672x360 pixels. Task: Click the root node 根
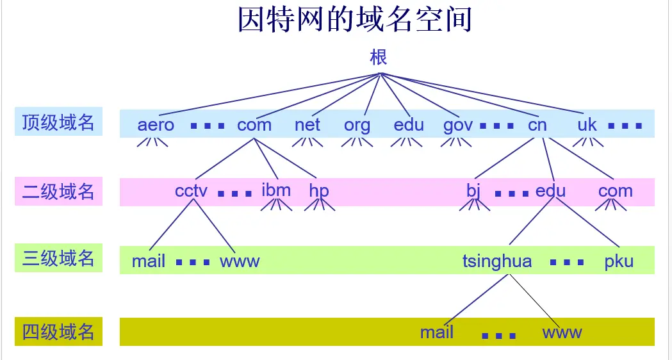tap(379, 57)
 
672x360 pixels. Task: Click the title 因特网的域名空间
tap(355, 20)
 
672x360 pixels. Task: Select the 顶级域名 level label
tap(58, 123)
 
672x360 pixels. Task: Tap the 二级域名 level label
tap(58, 191)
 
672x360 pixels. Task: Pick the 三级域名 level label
tap(58, 259)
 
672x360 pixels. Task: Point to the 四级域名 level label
tap(58, 332)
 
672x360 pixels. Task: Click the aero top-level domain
tap(156, 124)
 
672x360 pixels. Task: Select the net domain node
tap(307, 124)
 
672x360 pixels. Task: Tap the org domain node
tap(357, 125)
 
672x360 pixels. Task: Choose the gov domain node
tap(457, 125)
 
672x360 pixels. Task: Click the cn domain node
tap(537, 124)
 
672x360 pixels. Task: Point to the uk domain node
tap(587, 124)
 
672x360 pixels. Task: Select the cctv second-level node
tap(191, 191)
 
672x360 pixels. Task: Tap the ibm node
tap(276, 190)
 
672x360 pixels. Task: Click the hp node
tap(318, 191)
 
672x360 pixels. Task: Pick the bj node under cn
tap(473, 191)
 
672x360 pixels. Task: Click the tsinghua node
tap(496, 261)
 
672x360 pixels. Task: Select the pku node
tap(618, 261)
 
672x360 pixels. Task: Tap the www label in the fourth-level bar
tap(562, 332)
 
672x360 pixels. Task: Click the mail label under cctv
tap(149, 261)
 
